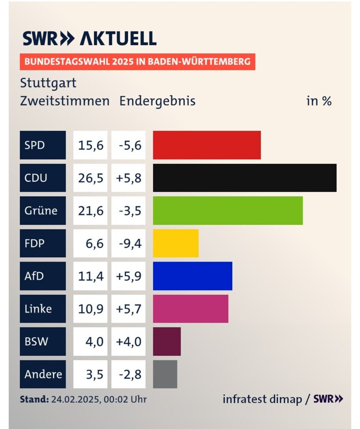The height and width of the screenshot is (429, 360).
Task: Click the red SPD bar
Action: point(207,145)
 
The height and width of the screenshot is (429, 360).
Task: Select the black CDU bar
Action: point(245,178)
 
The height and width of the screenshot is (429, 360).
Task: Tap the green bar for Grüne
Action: point(228,211)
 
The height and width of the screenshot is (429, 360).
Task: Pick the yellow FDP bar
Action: point(176,243)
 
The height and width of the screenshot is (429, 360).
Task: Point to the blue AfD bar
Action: point(192,276)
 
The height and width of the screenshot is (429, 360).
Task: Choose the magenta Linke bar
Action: point(190,309)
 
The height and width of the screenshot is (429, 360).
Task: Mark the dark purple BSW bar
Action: point(167,341)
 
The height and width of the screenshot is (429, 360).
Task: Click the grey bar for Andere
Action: point(165,374)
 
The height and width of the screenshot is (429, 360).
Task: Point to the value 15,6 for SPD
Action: point(90,145)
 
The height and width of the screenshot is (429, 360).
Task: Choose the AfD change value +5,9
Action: point(129,276)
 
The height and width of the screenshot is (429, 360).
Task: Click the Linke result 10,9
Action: point(90,309)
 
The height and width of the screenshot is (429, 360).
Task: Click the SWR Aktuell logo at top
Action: point(89,38)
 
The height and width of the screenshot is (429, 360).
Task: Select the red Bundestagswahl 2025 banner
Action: point(137,62)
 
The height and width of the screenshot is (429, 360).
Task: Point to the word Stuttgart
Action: point(48,83)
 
